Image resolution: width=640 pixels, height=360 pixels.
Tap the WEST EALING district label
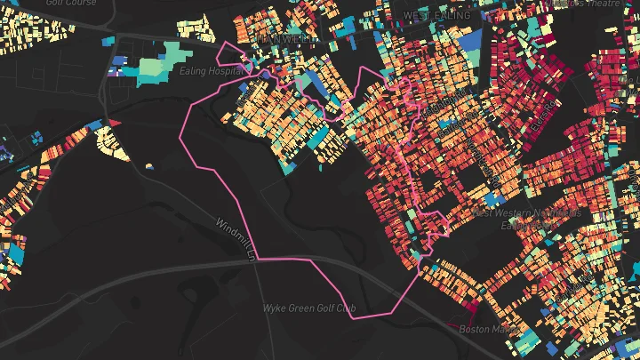[436, 16]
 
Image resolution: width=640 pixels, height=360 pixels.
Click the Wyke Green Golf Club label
[308, 308]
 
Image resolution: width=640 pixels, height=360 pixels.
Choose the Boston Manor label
[486, 329]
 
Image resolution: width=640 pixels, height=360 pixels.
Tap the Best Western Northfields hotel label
[528, 213]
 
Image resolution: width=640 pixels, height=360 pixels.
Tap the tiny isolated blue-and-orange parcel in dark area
[148, 166]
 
